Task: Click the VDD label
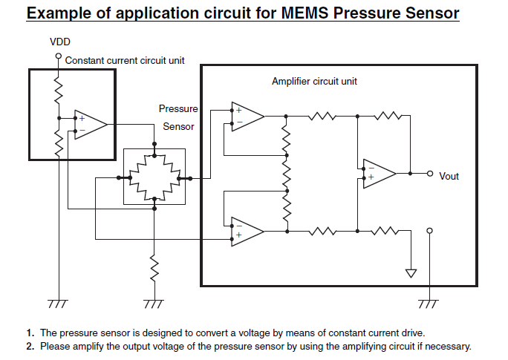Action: coord(60,42)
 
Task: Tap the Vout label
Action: coord(449,176)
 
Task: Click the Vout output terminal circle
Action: coord(429,174)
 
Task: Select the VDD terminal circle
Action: coord(59,56)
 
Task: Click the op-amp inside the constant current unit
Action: coord(90,125)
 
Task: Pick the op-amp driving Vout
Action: coord(379,174)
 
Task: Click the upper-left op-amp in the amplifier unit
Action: coord(247,117)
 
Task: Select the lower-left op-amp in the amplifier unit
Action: coord(247,232)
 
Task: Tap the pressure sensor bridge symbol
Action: coord(154,177)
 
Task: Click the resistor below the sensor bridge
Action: coord(154,268)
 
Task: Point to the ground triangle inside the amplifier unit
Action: coord(411,273)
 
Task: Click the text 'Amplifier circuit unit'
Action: coord(314,81)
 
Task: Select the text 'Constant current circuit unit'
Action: coord(125,61)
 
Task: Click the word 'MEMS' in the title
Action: coord(305,13)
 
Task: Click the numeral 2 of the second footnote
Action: coord(30,347)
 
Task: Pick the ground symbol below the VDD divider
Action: coord(59,304)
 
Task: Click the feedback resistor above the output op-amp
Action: coord(388,116)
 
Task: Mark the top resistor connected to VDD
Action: coord(59,90)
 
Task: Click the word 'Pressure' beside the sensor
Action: coord(178,109)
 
